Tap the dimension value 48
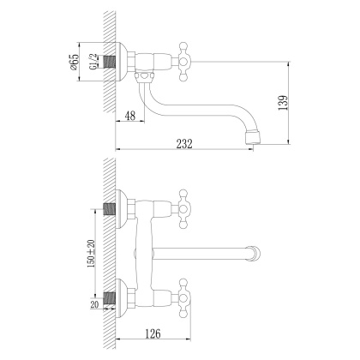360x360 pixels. (x=130, y=116)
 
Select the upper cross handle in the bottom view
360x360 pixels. (x=184, y=207)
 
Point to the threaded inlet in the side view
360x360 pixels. (x=110, y=63)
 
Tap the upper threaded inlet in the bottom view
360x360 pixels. (x=110, y=208)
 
